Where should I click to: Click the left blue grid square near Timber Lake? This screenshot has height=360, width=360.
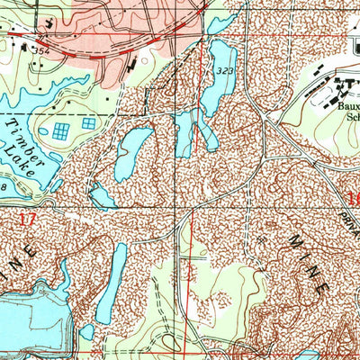click(60, 131)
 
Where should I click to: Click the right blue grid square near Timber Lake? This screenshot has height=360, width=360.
click(89, 123)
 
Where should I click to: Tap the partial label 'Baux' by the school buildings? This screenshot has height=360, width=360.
click(346, 103)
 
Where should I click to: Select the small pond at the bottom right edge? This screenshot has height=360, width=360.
click(306, 355)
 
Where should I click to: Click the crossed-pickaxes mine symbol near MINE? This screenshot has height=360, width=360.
click(260, 240)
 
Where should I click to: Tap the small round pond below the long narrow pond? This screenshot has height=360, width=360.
click(86, 332)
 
